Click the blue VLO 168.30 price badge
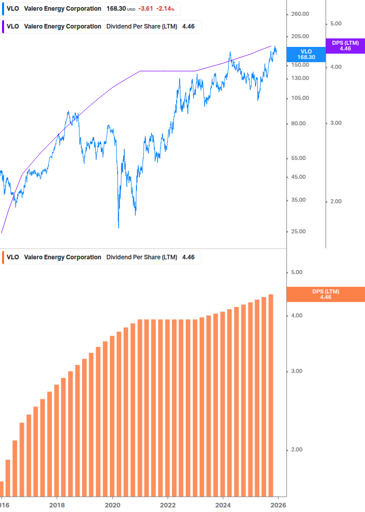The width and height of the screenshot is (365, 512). tap(306, 54)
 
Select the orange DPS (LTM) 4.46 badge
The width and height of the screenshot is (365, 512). tap(326, 294)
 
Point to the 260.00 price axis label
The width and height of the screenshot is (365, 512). tap(300, 14)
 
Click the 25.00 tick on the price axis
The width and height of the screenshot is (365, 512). tap(298, 231)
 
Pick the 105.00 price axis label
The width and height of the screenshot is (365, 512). tap(300, 98)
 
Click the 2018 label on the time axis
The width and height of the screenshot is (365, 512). tap(57, 505)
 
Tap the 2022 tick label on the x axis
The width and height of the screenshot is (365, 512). tap(167, 505)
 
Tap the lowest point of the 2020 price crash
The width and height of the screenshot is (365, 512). tap(119, 227)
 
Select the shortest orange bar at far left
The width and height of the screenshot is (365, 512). tap(2, 489)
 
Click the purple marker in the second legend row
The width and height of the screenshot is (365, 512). tap(4, 26)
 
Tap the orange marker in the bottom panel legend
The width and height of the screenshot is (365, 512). tap(4, 257)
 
